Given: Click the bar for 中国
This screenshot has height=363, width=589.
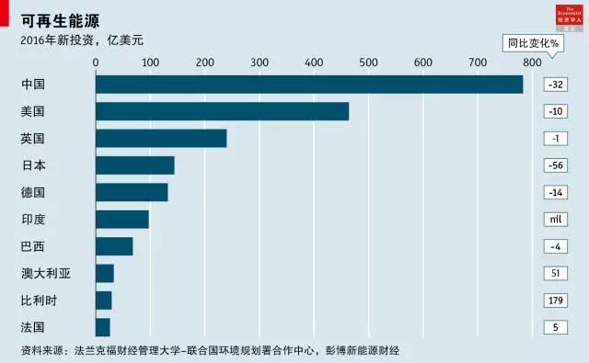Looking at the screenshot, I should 309,85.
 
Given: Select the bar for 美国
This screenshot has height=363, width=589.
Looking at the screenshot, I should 222,111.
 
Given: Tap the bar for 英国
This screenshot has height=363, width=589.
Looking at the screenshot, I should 161,139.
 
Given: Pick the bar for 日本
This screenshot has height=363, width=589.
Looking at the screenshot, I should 135,165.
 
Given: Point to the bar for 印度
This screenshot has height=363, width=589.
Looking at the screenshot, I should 122,220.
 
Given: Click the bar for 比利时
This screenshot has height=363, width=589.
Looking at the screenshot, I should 104,301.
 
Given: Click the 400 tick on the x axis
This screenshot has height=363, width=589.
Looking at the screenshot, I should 368,62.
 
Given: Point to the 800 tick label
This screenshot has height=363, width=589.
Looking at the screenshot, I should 531,62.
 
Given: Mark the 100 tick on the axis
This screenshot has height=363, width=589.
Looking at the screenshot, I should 150,62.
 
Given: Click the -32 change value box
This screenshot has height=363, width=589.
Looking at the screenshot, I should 555,85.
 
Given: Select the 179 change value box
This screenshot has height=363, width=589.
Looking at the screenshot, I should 555,301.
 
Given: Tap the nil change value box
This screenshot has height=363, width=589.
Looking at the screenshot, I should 555,220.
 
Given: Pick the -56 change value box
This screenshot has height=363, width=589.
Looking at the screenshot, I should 555,165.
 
